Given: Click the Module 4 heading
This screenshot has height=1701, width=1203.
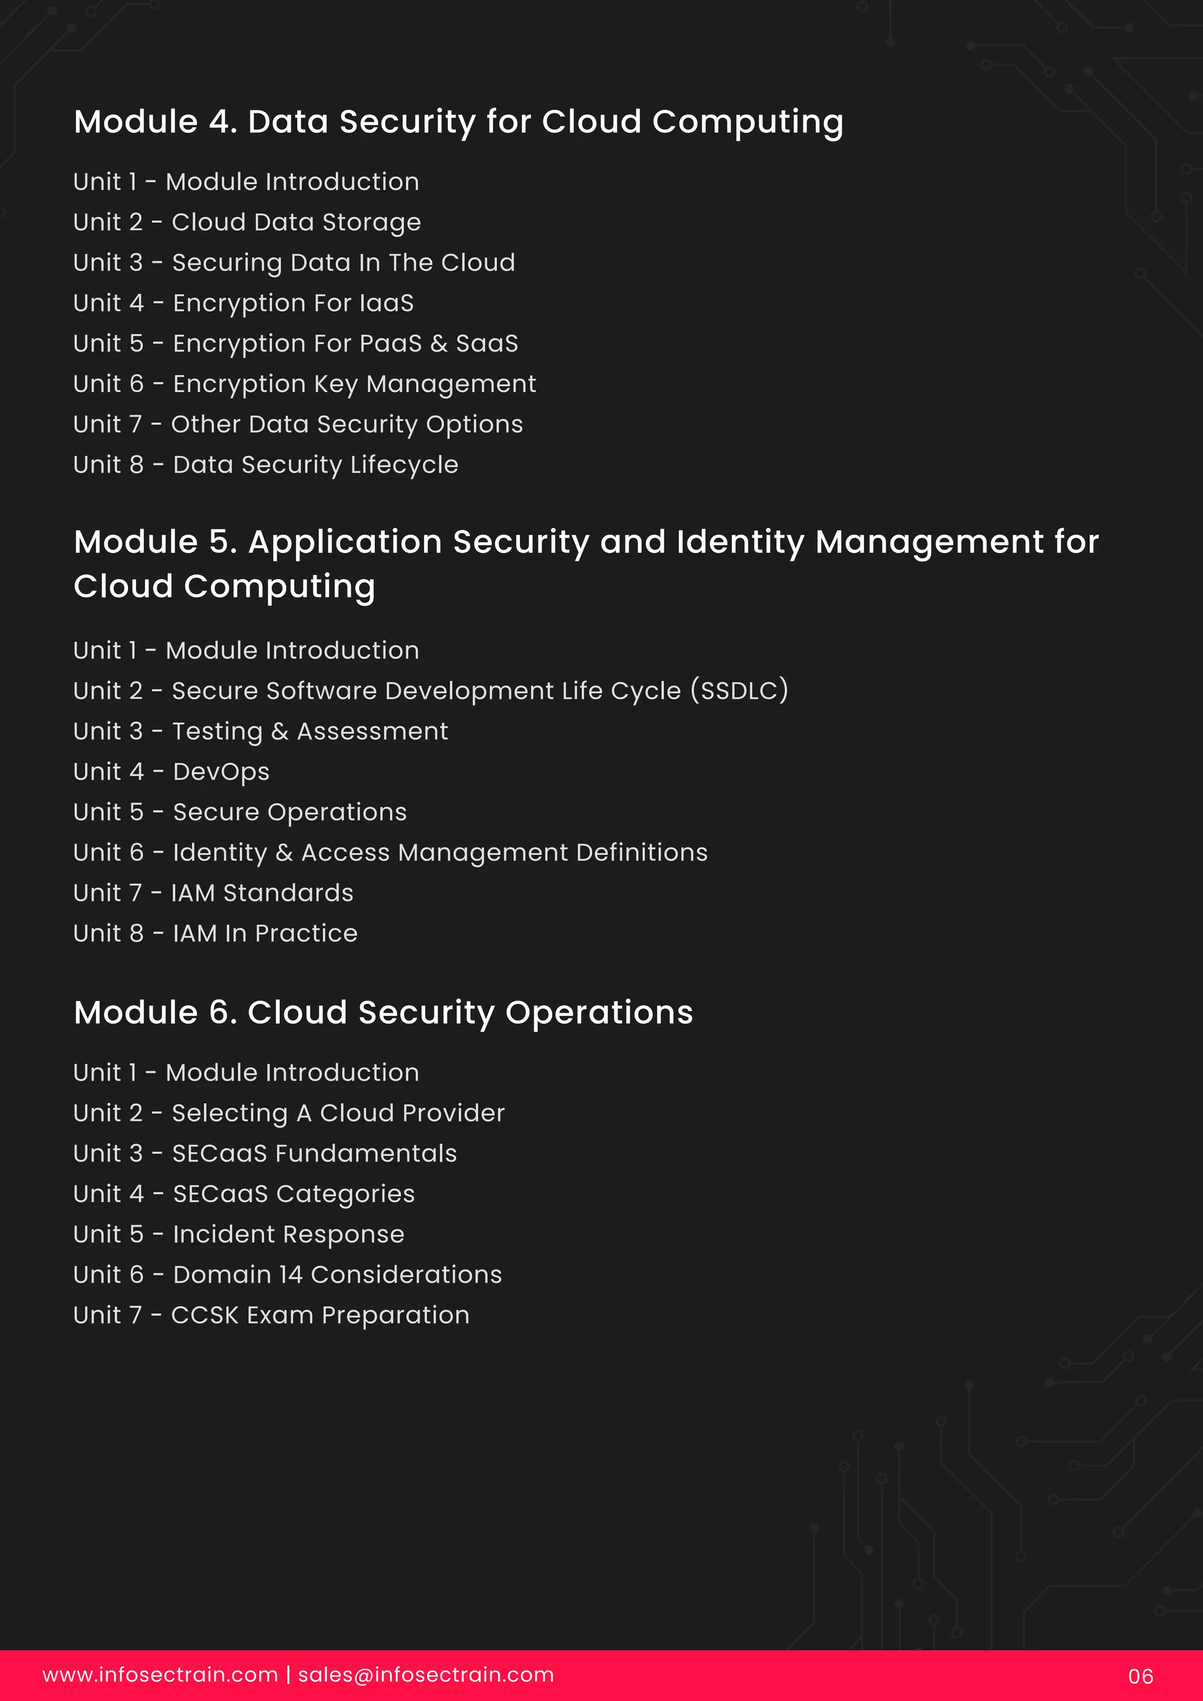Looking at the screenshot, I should (x=458, y=122).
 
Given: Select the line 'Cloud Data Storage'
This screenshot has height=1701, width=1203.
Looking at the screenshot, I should (x=247, y=222).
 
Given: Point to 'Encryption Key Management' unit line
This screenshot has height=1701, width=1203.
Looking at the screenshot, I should (x=304, y=384).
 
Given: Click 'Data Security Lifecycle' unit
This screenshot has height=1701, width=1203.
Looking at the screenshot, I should (x=266, y=464).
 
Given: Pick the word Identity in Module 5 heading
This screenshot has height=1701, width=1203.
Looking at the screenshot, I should (x=740, y=542).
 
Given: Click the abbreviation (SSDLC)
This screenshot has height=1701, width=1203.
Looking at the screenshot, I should (x=739, y=690).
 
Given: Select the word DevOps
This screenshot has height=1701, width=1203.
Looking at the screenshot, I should (x=221, y=772).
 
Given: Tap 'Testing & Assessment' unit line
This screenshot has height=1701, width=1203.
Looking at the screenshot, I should (x=260, y=731).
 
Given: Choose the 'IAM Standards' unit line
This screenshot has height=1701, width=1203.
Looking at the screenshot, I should (x=213, y=893).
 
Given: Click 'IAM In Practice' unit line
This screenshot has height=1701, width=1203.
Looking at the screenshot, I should (x=215, y=933).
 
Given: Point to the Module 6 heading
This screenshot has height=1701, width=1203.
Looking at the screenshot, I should (x=383, y=1013).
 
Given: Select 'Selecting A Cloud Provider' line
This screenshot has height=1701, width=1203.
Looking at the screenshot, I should (x=288, y=1113).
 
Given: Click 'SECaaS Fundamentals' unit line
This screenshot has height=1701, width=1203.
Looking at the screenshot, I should (x=264, y=1153).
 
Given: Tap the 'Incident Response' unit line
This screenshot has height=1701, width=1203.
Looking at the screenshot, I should (x=238, y=1234).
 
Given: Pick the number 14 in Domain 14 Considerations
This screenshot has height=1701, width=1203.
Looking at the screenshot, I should (x=291, y=1274).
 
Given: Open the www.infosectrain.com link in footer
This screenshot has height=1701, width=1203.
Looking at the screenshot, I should (x=160, y=1675).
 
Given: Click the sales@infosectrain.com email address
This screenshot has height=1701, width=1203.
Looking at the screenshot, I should (x=425, y=1675).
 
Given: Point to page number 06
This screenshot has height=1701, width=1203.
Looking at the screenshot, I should (x=1140, y=1676).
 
